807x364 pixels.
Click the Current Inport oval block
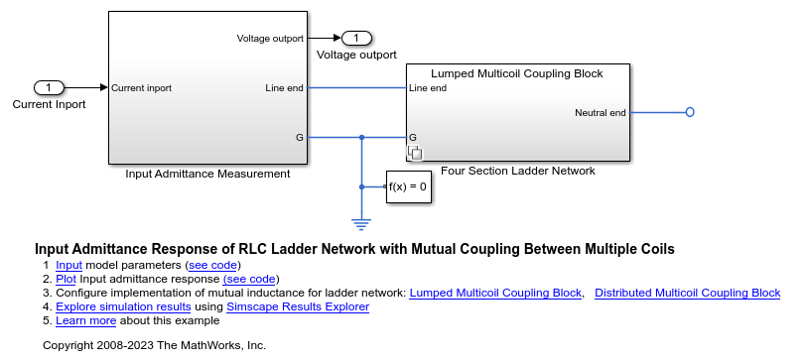tap(49, 87)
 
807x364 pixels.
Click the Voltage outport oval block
tap(356, 38)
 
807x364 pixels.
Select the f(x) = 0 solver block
tap(408, 186)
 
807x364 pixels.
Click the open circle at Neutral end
tap(690, 112)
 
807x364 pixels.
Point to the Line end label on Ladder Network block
tap(428, 88)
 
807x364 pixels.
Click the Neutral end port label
tap(600, 112)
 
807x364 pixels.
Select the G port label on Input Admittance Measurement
tap(299, 137)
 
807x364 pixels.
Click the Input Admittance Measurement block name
tap(207, 174)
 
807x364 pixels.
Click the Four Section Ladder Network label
tap(517, 171)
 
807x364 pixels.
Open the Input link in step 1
tap(68, 265)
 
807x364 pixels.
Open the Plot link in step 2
tap(66, 279)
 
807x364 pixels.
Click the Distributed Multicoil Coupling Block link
tap(687, 293)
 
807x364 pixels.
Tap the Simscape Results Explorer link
tap(298, 306)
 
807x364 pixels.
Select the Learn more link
tap(85, 320)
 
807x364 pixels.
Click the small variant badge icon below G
tap(417, 153)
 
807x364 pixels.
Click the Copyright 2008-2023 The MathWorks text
tap(155, 345)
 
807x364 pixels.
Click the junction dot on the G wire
tap(361, 137)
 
